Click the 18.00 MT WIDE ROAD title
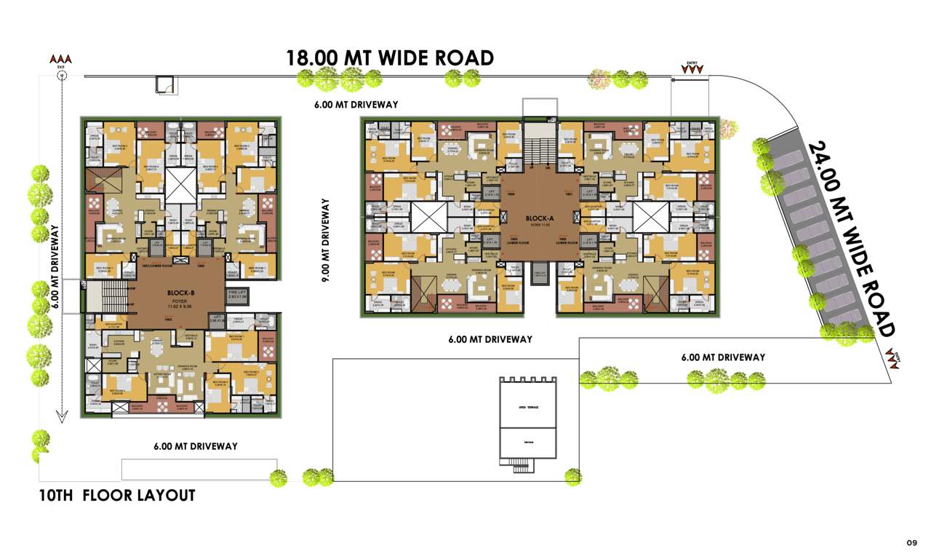click(390, 58)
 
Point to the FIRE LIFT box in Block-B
click(217, 295)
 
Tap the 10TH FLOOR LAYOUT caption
click(117, 496)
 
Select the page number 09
click(911, 542)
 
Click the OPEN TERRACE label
click(528, 408)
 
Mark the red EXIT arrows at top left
click(61, 59)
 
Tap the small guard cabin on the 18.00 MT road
click(165, 84)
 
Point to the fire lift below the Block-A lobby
click(540, 273)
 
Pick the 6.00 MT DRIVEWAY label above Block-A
click(356, 105)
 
